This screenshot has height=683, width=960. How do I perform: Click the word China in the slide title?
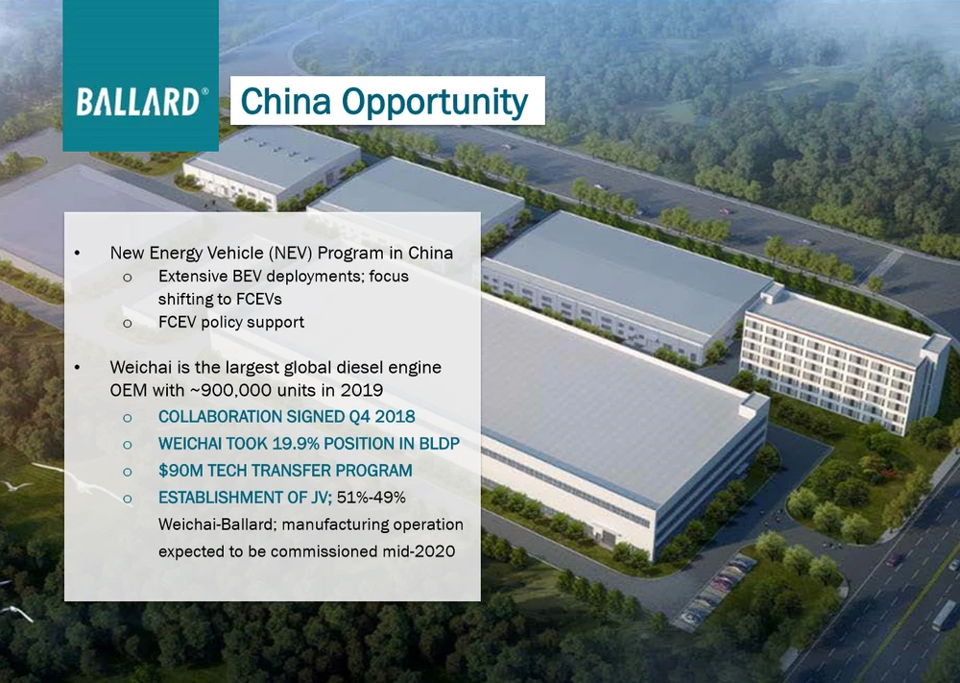(285, 101)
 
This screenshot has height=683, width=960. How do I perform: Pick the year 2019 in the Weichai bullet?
(362, 390)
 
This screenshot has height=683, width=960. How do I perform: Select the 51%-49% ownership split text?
(371, 497)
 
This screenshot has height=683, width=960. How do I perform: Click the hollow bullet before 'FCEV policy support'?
(128, 323)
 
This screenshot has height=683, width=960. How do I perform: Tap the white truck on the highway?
(944, 615)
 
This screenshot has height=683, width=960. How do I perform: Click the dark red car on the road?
(894, 559)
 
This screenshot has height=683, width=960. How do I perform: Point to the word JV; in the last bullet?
(322, 498)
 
